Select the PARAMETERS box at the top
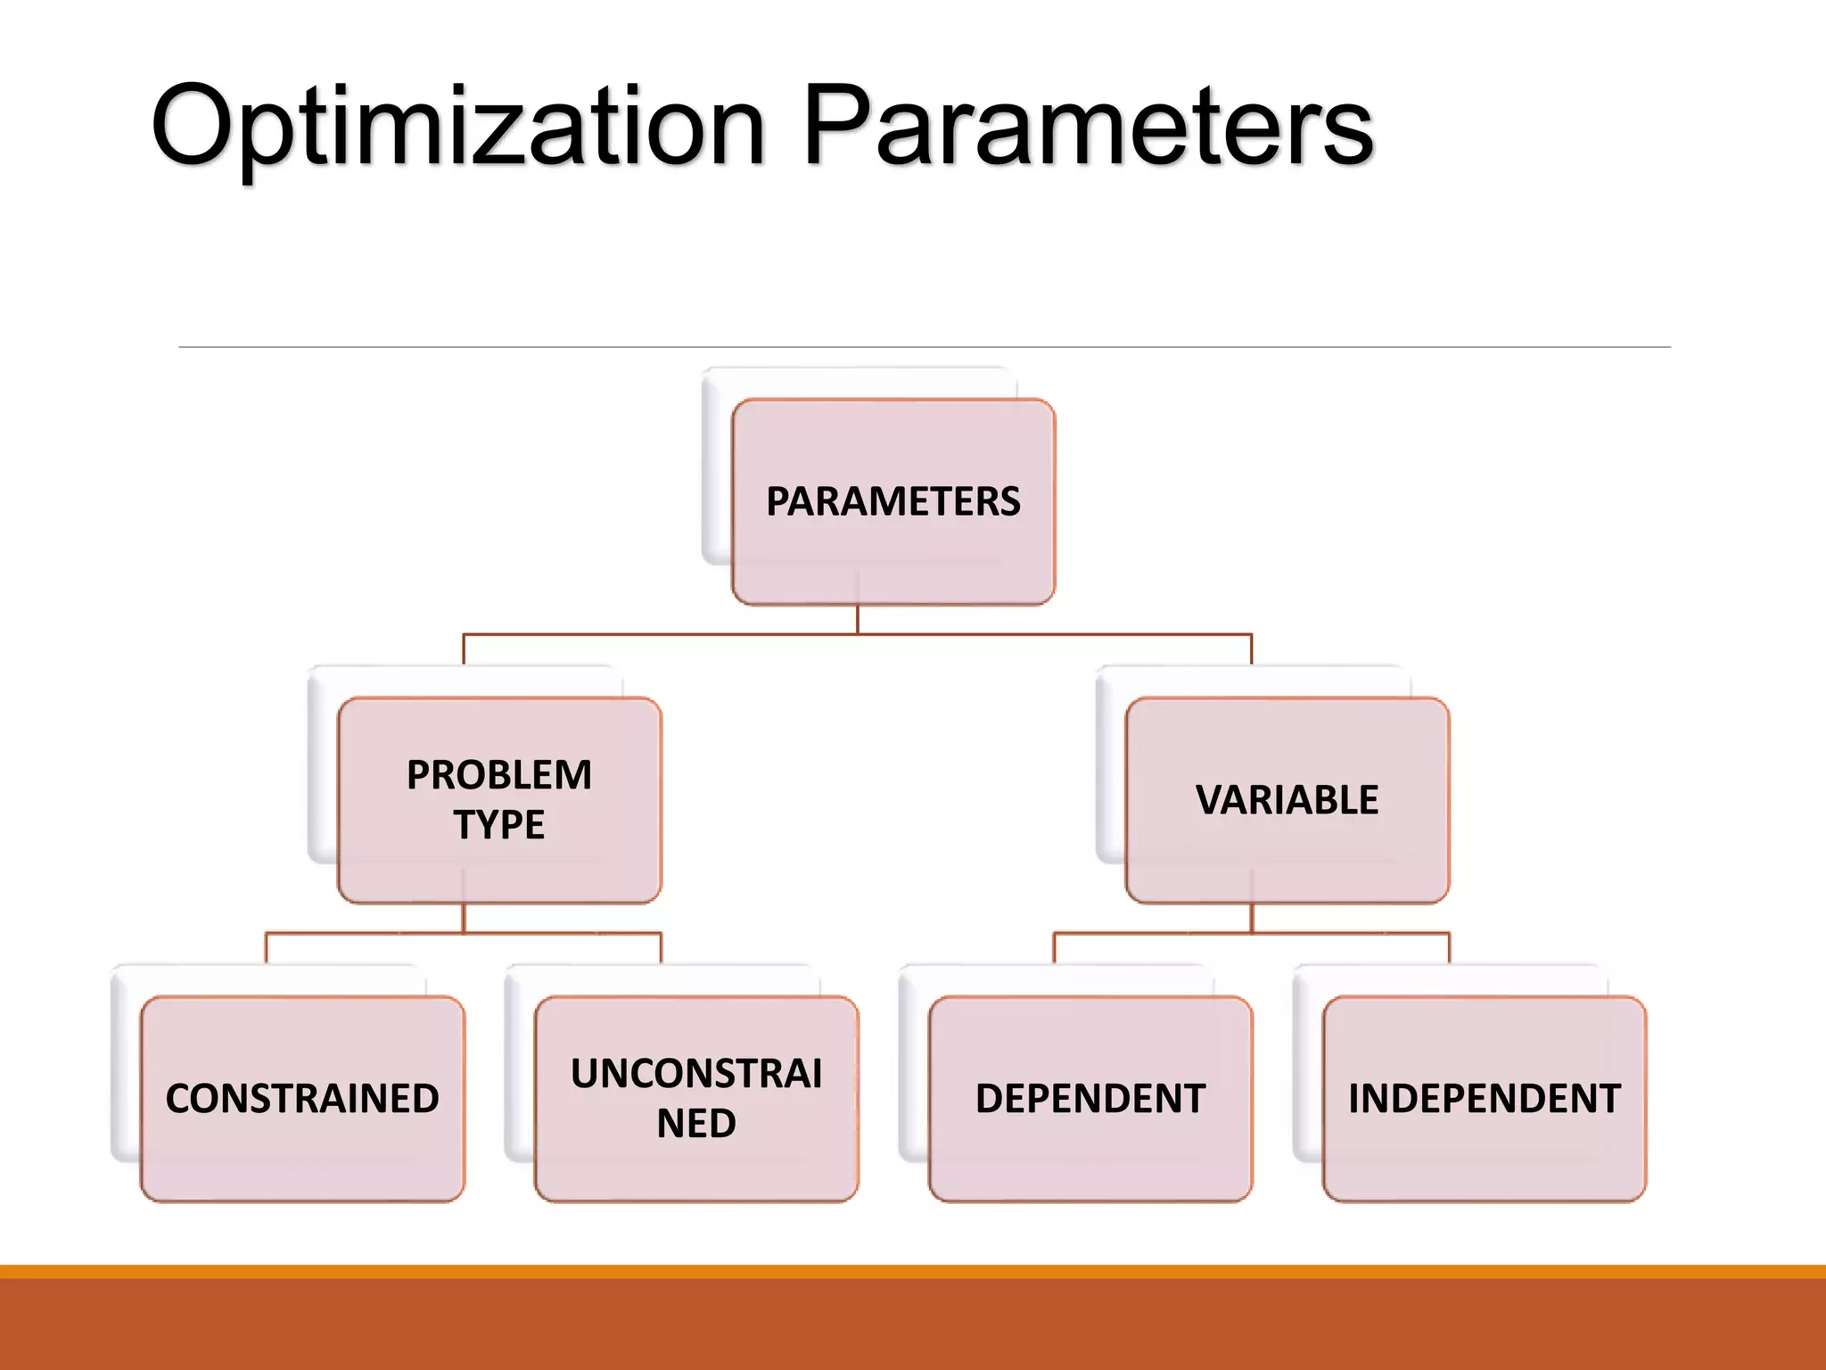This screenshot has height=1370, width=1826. tap(893, 501)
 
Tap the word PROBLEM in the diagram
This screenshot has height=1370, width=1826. tap(499, 774)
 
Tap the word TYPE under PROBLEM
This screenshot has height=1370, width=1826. tap(499, 824)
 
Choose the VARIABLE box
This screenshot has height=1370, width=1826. tap(1287, 799)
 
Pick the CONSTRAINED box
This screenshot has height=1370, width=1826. tap(302, 1098)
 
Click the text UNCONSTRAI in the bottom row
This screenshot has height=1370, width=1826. tap(696, 1073)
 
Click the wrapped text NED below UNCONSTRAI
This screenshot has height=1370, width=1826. tap(696, 1123)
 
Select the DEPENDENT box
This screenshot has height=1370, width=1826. tap(1090, 1098)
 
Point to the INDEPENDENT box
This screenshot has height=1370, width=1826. tap(1485, 1098)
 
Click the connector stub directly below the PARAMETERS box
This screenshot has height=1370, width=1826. tap(858, 620)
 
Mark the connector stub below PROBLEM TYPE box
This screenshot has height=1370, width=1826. tap(464, 919)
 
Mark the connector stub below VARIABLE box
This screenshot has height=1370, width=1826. tap(1252, 919)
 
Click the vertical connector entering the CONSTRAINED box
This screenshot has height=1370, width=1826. tap(267, 948)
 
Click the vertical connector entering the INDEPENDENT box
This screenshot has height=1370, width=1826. tap(1449, 948)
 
